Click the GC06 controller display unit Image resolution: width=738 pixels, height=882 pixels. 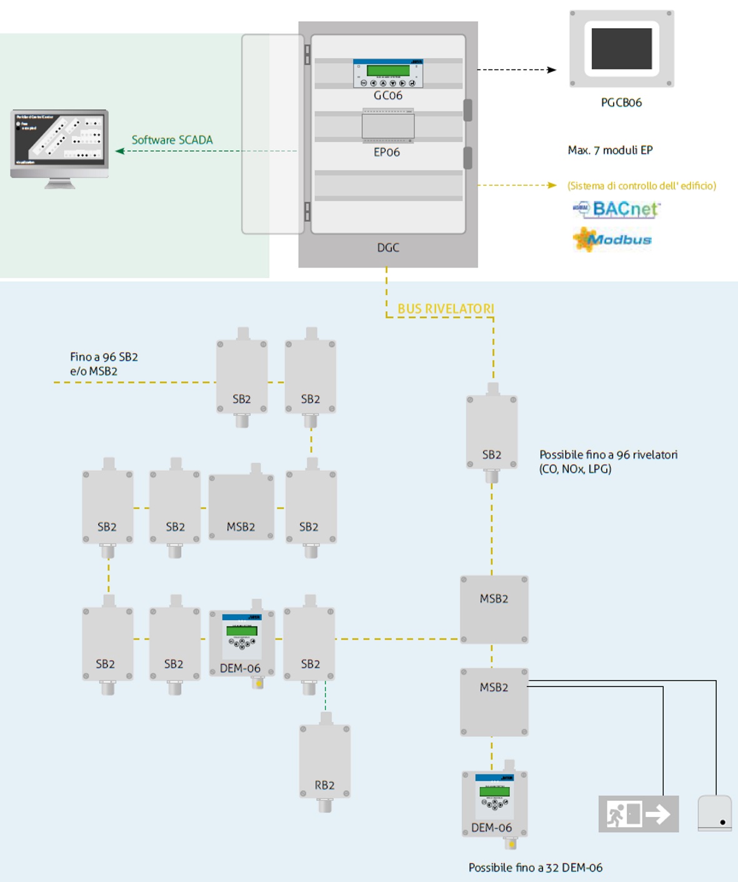(x=388, y=74)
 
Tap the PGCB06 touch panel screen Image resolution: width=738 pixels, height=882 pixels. (x=621, y=49)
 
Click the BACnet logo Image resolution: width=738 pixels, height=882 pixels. (x=617, y=209)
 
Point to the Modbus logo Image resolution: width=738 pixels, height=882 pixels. (x=612, y=239)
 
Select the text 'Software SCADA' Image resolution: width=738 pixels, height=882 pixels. (x=172, y=140)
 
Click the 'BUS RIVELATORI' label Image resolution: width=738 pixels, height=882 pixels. (x=446, y=309)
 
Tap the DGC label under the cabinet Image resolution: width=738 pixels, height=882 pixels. (x=388, y=248)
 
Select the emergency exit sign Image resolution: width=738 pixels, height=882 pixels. (x=638, y=814)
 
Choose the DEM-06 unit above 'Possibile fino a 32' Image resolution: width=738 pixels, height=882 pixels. (x=495, y=803)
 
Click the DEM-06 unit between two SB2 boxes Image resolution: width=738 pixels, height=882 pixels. (x=242, y=644)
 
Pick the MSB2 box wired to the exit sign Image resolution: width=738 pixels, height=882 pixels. (x=494, y=702)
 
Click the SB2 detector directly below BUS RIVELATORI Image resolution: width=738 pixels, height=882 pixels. (x=492, y=431)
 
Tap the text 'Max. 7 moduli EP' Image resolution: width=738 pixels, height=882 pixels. (x=610, y=150)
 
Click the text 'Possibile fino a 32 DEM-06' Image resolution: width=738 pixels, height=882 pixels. (x=536, y=868)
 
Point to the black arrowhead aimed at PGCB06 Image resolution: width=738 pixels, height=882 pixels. (x=552, y=70)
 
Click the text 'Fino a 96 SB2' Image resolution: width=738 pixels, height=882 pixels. (x=104, y=357)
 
